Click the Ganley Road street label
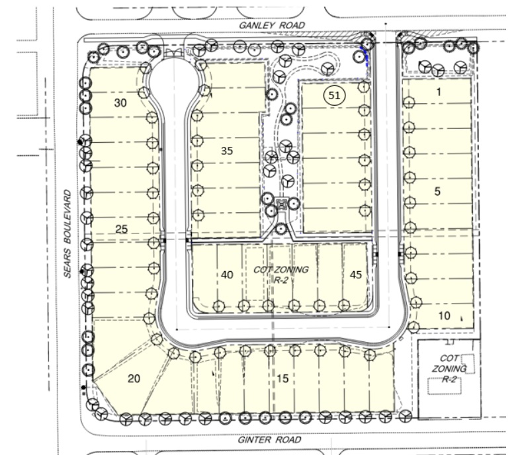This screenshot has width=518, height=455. tap(271, 25)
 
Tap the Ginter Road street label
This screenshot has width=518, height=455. tap(269, 440)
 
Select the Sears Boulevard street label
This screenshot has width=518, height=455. tap(67, 233)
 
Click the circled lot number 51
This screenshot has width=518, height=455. tap(334, 95)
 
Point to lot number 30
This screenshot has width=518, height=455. tap(120, 103)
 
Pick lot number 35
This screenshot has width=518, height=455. tap(227, 151)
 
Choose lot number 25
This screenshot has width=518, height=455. tap(121, 229)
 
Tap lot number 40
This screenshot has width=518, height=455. tap(227, 274)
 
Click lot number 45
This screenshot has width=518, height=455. tap(355, 274)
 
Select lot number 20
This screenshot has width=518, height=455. tap(134, 378)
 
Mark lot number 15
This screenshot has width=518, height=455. tap(282, 378)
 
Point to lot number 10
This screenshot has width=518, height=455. tap(444, 316)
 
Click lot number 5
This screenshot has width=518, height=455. tap(437, 191)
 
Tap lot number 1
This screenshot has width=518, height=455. tap(439, 92)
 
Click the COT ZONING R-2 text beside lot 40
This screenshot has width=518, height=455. tap(281, 274)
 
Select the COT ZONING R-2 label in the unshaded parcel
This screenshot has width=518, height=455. tap(449, 368)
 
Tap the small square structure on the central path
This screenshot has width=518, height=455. tap(281, 205)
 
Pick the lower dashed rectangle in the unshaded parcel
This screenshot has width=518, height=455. tap(445, 386)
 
